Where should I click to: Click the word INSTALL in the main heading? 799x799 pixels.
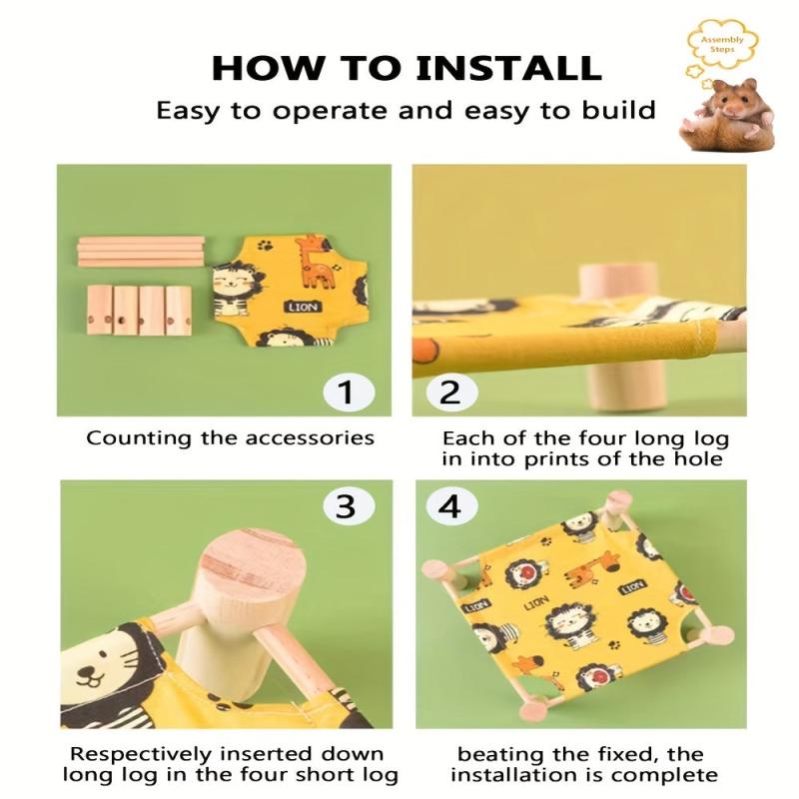point(509,68)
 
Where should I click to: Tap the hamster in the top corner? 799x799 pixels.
point(728,115)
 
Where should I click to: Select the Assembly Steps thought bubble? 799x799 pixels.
point(722,45)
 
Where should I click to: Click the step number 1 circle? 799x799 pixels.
point(349,393)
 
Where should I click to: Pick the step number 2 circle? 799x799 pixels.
point(451,393)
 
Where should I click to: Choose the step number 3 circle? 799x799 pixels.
point(349,506)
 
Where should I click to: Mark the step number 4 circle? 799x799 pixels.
point(451,506)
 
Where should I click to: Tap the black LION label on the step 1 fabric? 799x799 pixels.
point(304,307)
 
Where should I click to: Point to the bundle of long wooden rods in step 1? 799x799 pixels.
point(141,252)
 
